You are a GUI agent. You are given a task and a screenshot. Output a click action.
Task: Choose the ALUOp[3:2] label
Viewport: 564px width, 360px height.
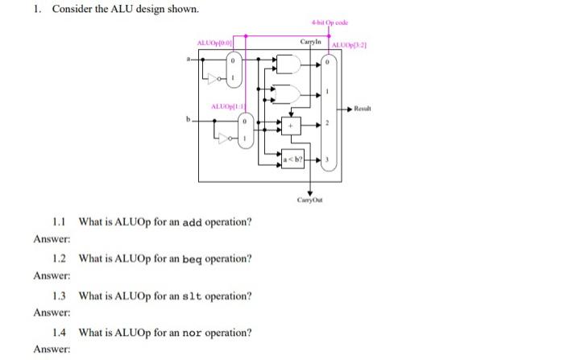348,43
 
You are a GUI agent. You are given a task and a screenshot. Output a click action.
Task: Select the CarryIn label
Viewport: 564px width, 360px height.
311,41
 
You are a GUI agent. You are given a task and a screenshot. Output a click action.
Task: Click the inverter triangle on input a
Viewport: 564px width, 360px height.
213,80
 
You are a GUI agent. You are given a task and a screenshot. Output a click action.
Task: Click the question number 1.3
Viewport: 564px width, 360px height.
59,296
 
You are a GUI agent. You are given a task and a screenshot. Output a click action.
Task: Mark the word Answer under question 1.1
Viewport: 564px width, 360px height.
52,239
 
